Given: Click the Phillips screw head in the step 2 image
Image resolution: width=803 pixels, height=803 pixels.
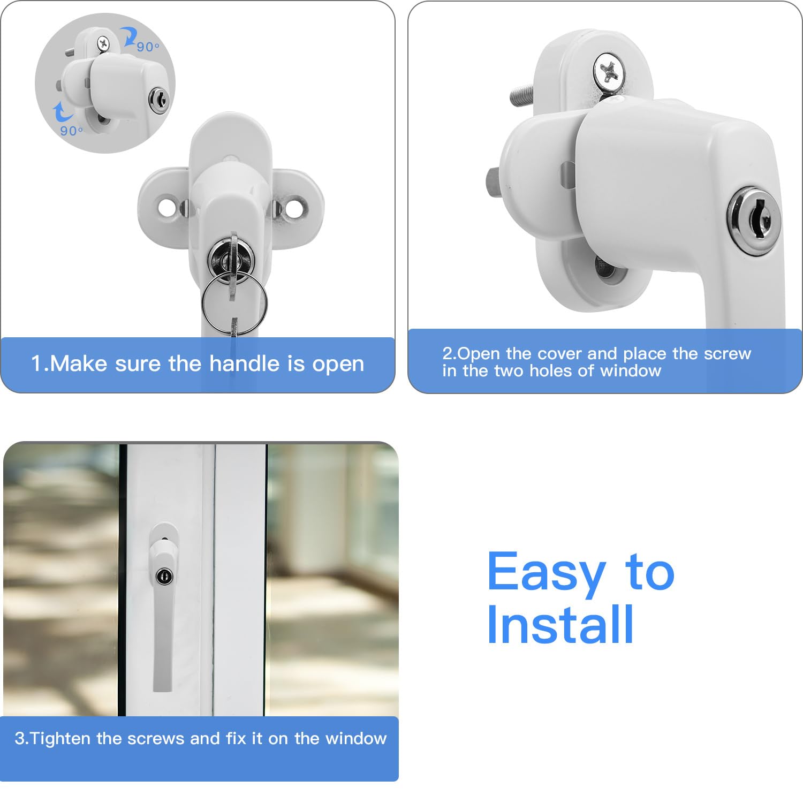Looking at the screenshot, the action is point(609,71).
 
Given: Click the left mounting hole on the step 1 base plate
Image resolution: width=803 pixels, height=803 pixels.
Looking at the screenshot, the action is point(168,207).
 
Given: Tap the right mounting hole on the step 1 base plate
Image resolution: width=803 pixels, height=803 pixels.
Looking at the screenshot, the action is point(294,207).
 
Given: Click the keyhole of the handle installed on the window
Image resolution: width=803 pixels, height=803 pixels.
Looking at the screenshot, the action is point(164,577).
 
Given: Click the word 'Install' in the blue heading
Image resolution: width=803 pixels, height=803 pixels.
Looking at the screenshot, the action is point(560,625).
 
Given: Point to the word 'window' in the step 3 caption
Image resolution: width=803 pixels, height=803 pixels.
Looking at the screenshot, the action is point(356,739).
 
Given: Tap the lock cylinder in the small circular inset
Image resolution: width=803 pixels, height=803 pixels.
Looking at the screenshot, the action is point(158,100).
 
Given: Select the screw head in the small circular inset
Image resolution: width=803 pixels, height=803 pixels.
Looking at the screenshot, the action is point(103,43).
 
